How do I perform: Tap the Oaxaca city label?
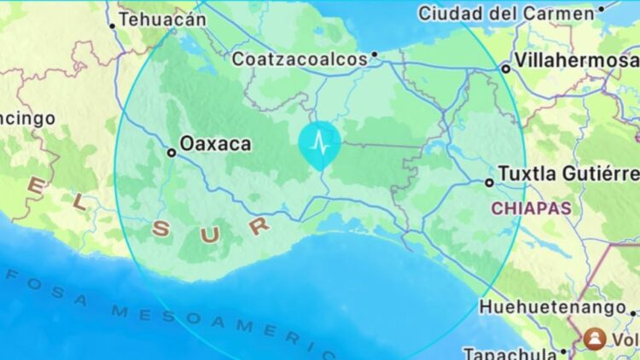point(217,143)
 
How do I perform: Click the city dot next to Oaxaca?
point(172,153)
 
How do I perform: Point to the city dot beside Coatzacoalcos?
point(374,58)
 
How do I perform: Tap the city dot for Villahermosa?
point(505,67)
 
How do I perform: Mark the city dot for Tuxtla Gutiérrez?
point(489,182)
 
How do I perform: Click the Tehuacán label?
point(162,18)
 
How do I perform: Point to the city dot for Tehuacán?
point(112,26)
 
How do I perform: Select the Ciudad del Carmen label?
point(506,13)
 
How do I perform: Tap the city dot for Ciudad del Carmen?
point(602,9)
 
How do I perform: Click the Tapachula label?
point(508,352)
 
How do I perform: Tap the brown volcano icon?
point(592,339)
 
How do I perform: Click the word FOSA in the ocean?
point(48,287)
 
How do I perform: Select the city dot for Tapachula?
point(563,351)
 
